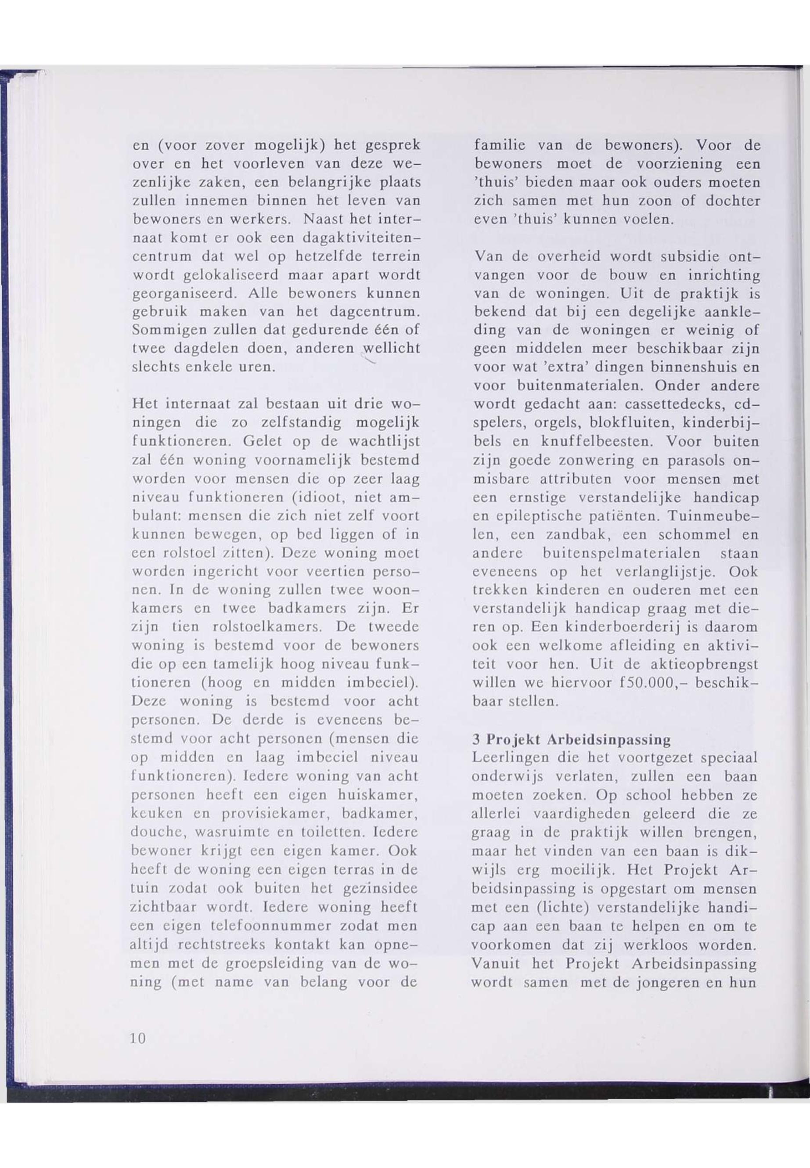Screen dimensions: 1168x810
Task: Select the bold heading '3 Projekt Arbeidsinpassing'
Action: coord(571,739)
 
